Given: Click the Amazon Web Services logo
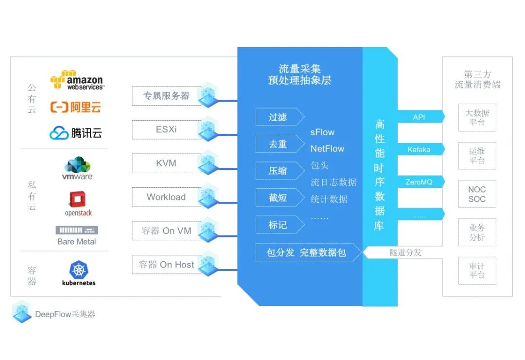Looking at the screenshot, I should click(x=76, y=80).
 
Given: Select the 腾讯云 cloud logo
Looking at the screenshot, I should click(x=76, y=132).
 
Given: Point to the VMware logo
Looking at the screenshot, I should click(x=77, y=168).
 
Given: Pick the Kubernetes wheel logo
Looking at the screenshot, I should click(x=78, y=270).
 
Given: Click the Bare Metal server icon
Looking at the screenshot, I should click(x=77, y=230).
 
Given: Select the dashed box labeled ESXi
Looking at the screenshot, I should click(x=166, y=130).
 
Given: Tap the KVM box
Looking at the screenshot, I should click(x=166, y=163).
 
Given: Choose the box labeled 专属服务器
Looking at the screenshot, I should click(x=166, y=96).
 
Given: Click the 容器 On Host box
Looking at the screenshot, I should click(x=166, y=265).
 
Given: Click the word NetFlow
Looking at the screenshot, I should click(x=327, y=149).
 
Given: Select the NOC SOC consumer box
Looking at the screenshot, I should click(x=477, y=194).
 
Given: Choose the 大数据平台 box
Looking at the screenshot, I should click(x=477, y=117).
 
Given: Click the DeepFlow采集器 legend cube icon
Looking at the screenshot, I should click(x=21, y=312).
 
